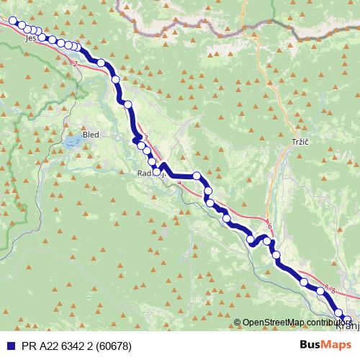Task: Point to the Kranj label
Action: click(346, 325)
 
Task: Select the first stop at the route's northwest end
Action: click(12, 22)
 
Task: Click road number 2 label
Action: click(75, 64)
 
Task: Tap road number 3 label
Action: click(145, 138)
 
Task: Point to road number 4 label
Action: click(179, 184)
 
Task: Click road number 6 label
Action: click(269, 228)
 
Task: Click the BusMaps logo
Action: click(325, 346)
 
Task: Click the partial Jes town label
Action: click(30, 40)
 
